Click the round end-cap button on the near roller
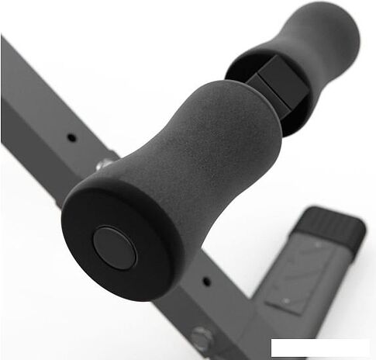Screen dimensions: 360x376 click(114, 247)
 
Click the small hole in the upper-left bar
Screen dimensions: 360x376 click(71, 137)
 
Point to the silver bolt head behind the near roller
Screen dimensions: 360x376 click(103, 164)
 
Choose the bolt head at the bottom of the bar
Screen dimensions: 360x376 click(202, 338)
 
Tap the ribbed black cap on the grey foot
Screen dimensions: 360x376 click(333, 225)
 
